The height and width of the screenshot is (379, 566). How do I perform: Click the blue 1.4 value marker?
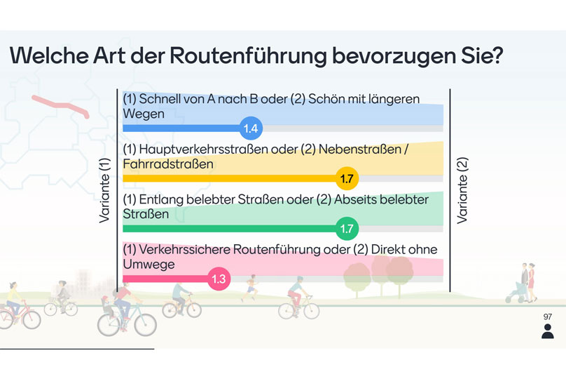click(x=251, y=128)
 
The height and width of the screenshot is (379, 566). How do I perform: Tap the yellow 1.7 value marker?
click(x=347, y=178)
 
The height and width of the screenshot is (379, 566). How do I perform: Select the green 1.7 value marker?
click(x=347, y=229)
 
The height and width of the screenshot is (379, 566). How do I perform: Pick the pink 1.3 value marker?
click(x=219, y=279)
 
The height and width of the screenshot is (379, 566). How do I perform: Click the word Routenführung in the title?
click(x=248, y=55)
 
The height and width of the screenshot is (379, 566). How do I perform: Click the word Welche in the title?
click(x=49, y=55)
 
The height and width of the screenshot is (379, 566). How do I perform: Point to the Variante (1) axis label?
click(x=104, y=190)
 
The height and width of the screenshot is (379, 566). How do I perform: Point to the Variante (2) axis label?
click(x=462, y=190)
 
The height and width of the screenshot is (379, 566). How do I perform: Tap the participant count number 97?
click(x=548, y=317)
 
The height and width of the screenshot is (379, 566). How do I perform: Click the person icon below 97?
click(x=548, y=331)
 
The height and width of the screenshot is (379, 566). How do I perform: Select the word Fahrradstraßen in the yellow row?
click(x=168, y=164)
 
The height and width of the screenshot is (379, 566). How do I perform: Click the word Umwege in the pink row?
click(x=149, y=265)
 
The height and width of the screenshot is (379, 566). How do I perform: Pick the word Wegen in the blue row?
click(x=144, y=114)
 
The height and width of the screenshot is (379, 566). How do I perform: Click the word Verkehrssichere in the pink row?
click(x=184, y=249)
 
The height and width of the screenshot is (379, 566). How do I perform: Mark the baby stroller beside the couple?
click(x=514, y=293)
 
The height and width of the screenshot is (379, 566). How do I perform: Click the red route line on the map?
click(x=60, y=106)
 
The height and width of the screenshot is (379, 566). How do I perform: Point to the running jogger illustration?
click(x=250, y=288)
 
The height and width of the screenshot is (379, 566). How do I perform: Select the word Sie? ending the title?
click(x=481, y=55)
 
